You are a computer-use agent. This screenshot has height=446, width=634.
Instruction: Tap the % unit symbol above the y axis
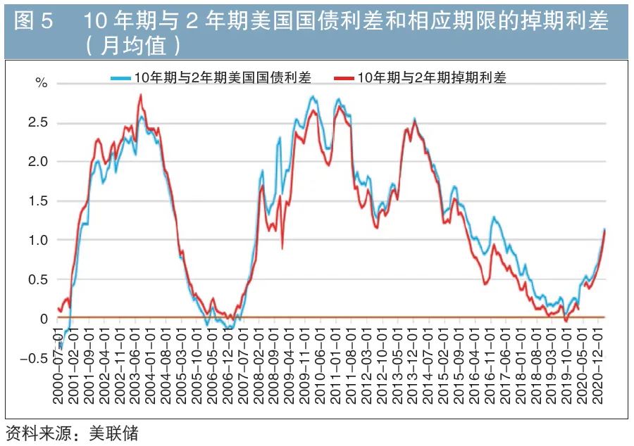tap(42, 83)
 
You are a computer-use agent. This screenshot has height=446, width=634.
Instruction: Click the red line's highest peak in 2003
tap(140, 95)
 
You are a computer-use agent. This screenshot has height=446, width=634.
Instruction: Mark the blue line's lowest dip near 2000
tap(61, 348)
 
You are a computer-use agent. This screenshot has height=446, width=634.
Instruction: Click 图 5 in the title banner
tap(34, 21)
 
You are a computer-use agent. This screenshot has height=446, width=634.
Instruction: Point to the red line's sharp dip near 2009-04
tap(282, 248)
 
